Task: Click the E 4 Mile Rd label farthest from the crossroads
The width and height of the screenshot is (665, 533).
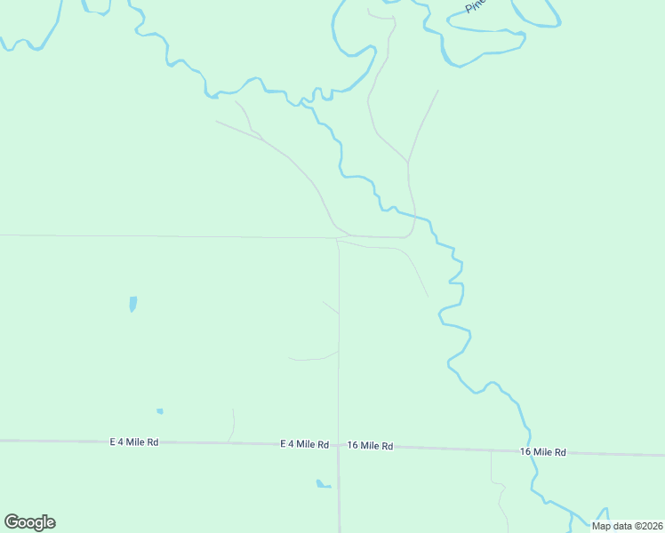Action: click(133, 442)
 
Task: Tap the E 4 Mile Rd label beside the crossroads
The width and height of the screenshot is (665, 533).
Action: click(304, 444)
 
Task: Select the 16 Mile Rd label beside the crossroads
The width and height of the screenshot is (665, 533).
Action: click(370, 446)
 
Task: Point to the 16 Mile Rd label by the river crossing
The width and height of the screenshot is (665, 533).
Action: click(542, 452)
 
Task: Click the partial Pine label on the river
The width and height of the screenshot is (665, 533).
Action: click(476, 6)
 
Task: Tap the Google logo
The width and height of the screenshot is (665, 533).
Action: click(29, 522)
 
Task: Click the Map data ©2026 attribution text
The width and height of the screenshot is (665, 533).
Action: click(627, 526)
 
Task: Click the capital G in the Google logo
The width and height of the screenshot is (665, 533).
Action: click(12, 522)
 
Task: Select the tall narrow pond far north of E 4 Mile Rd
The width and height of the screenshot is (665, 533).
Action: click(132, 304)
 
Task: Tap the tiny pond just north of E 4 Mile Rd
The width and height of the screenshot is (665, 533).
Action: click(160, 411)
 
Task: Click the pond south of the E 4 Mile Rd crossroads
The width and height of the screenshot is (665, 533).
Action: click(322, 484)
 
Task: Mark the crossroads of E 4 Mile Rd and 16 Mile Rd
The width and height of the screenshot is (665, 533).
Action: click(338, 445)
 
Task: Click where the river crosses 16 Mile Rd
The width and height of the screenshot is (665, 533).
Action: click(529, 450)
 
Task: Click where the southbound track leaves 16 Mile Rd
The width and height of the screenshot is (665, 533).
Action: click(492, 450)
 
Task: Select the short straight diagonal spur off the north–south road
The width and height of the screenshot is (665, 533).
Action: click(330, 306)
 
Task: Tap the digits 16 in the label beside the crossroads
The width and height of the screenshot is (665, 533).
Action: click(353, 446)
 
